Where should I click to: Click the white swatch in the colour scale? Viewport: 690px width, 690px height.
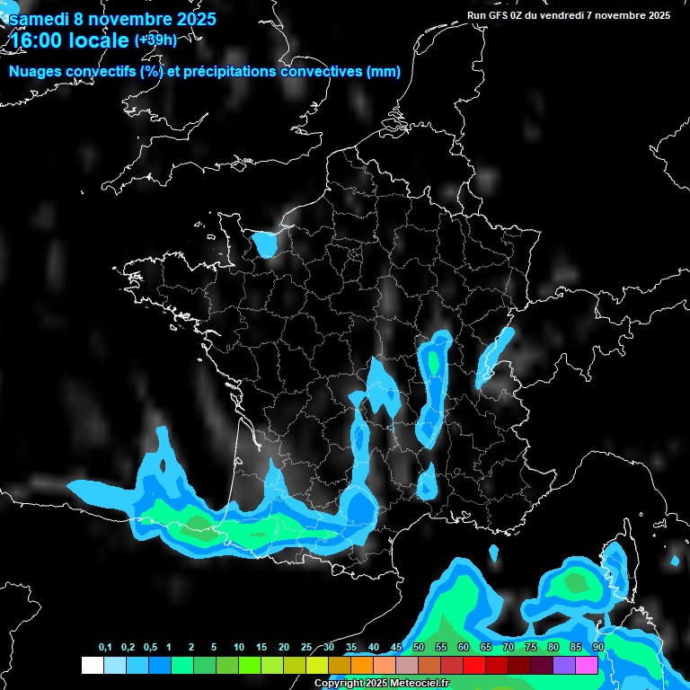tap(93, 665)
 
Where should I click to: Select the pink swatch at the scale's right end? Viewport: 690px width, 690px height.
tap(587, 665)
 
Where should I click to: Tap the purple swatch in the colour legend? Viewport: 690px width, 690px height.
tap(564, 665)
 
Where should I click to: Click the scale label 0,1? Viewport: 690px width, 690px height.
tap(105, 648)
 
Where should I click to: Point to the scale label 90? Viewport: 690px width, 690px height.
tap(598, 648)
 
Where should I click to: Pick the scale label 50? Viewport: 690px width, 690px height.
tap(419, 648)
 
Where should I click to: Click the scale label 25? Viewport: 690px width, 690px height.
tap(306, 648)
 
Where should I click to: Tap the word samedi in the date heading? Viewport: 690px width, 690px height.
tap(40, 19)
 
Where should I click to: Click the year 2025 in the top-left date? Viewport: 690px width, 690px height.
tap(193, 19)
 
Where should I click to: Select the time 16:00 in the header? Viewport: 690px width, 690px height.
tap(41, 40)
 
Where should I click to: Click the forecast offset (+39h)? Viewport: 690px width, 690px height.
tap(155, 40)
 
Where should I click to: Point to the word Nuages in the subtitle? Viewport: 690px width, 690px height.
tap(37, 72)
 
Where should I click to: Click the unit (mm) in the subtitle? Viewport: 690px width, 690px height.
tap(384, 72)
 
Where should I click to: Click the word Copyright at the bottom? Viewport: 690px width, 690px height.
tap(339, 684)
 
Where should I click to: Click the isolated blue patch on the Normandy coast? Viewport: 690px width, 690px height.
tap(264, 243)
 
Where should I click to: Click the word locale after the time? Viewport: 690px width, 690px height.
tap(102, 40)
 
